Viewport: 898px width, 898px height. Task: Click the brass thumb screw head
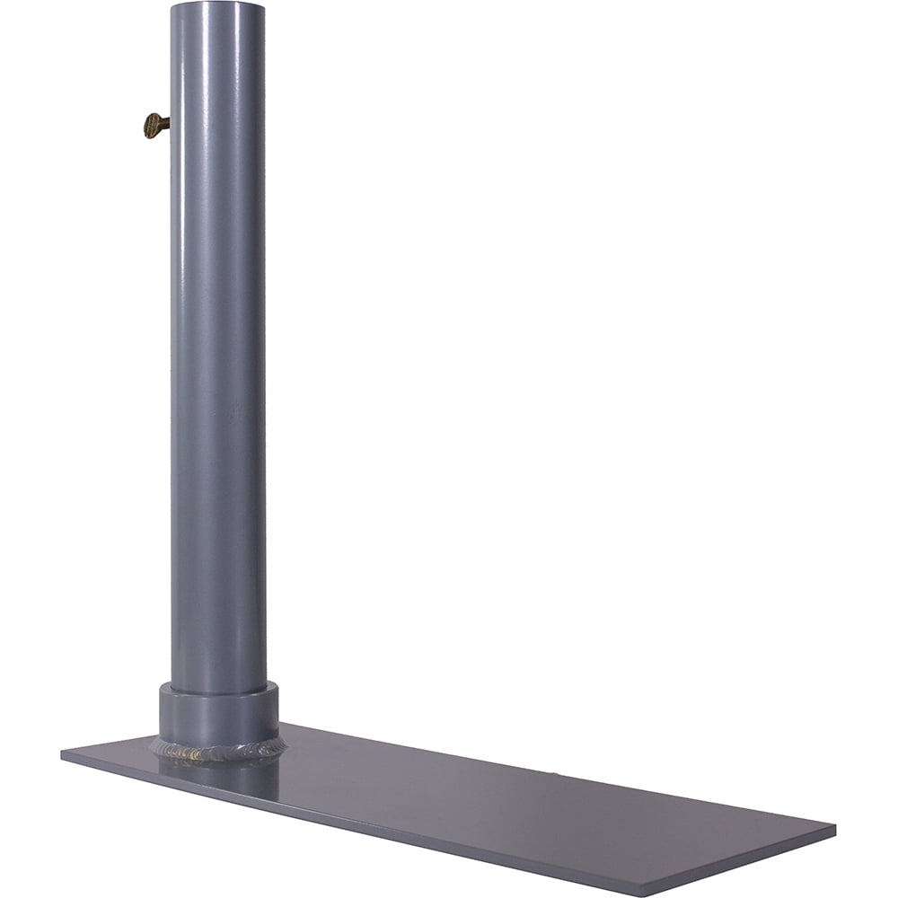153,126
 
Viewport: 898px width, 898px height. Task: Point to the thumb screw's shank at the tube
165,126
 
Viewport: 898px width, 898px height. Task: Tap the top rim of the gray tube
217,4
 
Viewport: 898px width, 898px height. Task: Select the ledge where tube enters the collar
218,691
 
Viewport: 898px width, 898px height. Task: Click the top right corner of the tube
264,7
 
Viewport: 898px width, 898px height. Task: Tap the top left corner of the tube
172,7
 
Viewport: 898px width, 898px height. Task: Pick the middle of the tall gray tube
217,359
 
